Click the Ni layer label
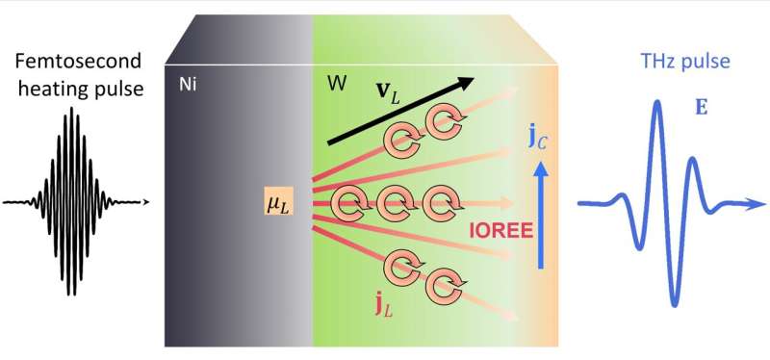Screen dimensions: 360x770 pyautogui.click(x=189, y=85)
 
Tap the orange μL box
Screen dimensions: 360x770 pyautogui.click(x=277, y=202)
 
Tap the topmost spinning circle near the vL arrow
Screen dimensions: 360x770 pyautogui.click(x=446, y=122)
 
